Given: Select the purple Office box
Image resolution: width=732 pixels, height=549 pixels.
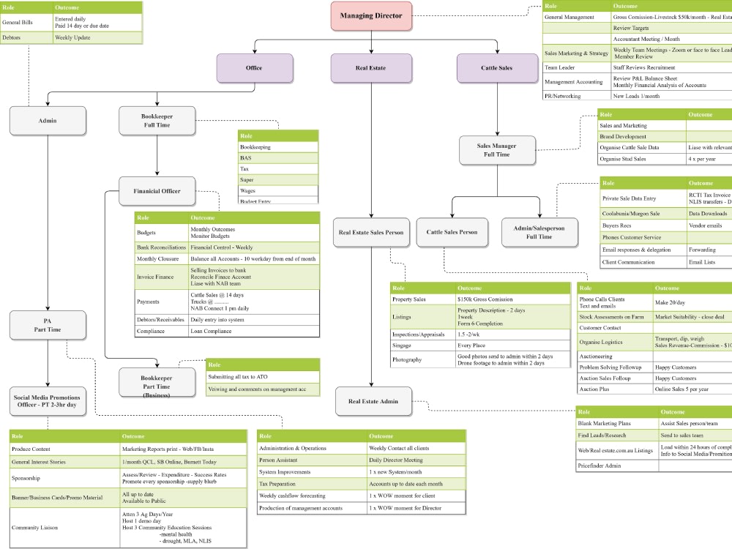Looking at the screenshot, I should [253, 68].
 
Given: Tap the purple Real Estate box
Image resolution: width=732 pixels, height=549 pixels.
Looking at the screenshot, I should [370, 68].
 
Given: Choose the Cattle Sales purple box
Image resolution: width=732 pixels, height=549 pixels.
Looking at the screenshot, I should [496, 68].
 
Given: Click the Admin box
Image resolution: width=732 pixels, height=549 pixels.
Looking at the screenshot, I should [48, 120].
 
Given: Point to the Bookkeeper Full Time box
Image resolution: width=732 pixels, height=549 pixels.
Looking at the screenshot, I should [157, 120].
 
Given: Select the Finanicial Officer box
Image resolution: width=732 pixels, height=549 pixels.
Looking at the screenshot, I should [157, 191].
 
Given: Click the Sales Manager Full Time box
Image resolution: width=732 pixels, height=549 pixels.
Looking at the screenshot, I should [497, 150].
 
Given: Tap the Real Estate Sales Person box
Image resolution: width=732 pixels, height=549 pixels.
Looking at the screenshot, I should [370, 232].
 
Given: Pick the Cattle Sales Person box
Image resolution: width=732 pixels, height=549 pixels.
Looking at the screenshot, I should [452, 232].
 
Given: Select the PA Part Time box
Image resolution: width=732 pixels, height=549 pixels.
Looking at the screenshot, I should [48, 324].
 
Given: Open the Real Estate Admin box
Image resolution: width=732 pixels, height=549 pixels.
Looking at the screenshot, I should [373, 401].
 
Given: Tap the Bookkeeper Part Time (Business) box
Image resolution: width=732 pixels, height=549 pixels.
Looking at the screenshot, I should [157, 381].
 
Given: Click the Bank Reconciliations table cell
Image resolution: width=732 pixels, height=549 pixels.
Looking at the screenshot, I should [161, 247].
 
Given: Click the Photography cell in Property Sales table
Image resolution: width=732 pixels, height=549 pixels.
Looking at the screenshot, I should [422, 359].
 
